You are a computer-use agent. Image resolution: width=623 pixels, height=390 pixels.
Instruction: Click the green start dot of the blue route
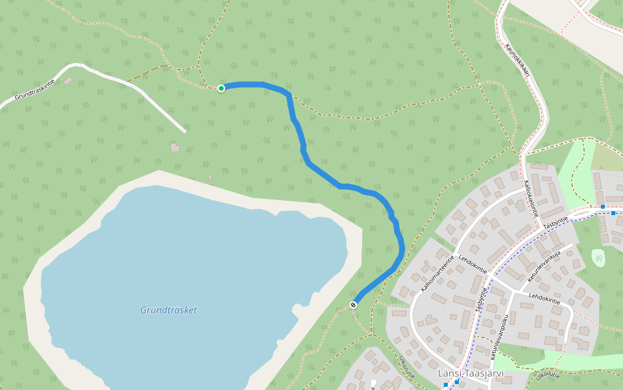(221, 88)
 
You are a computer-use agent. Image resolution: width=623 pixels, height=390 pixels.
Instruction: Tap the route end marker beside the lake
(353, 305)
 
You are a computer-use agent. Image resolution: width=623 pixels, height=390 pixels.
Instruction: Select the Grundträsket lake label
(168, 310)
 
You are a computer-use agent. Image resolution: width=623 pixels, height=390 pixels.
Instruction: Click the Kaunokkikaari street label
(518, 60)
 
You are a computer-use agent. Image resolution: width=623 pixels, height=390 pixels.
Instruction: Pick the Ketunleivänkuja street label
(544, 266)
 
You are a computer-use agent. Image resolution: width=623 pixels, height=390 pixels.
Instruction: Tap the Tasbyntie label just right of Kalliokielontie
(556, 222)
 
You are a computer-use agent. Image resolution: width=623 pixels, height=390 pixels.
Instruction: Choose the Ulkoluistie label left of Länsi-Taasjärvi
(407, 369)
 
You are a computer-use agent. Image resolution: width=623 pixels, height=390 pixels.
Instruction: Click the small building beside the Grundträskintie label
(68, 81)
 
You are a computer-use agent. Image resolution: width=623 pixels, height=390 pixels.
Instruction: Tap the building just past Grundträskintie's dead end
(175, 148)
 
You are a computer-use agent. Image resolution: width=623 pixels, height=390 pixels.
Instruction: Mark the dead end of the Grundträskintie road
(185, 131)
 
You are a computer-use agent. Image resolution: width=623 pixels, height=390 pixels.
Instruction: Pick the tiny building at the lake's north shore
(210, 177)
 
